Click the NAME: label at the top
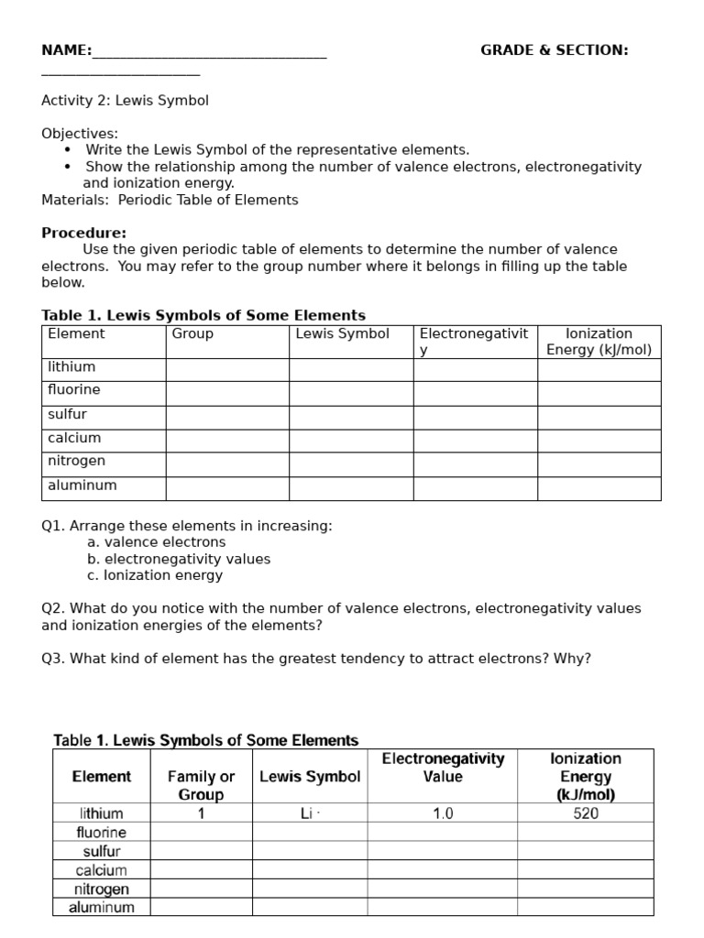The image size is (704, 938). coord(66,50)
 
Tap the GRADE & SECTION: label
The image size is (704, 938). coord(554,50)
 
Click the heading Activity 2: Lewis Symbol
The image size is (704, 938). coord(125,101)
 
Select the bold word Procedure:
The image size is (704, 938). coord(83,233)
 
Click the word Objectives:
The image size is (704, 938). coord(80,134)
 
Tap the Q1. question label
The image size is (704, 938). coord(54,526)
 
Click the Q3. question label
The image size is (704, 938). coord(54,658)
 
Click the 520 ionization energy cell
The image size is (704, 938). coord(586,813)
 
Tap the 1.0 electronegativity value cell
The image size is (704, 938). coord(442,813)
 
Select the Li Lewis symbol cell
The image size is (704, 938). coord(310,813)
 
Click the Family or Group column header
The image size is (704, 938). coord(201,785)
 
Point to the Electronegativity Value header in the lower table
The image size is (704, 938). coord(443,768)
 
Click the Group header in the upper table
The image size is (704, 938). coord(192,334)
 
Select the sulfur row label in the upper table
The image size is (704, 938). coord(68,414)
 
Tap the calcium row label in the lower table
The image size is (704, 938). coord(101,870)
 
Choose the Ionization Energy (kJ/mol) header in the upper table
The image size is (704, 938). coord(599,342)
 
